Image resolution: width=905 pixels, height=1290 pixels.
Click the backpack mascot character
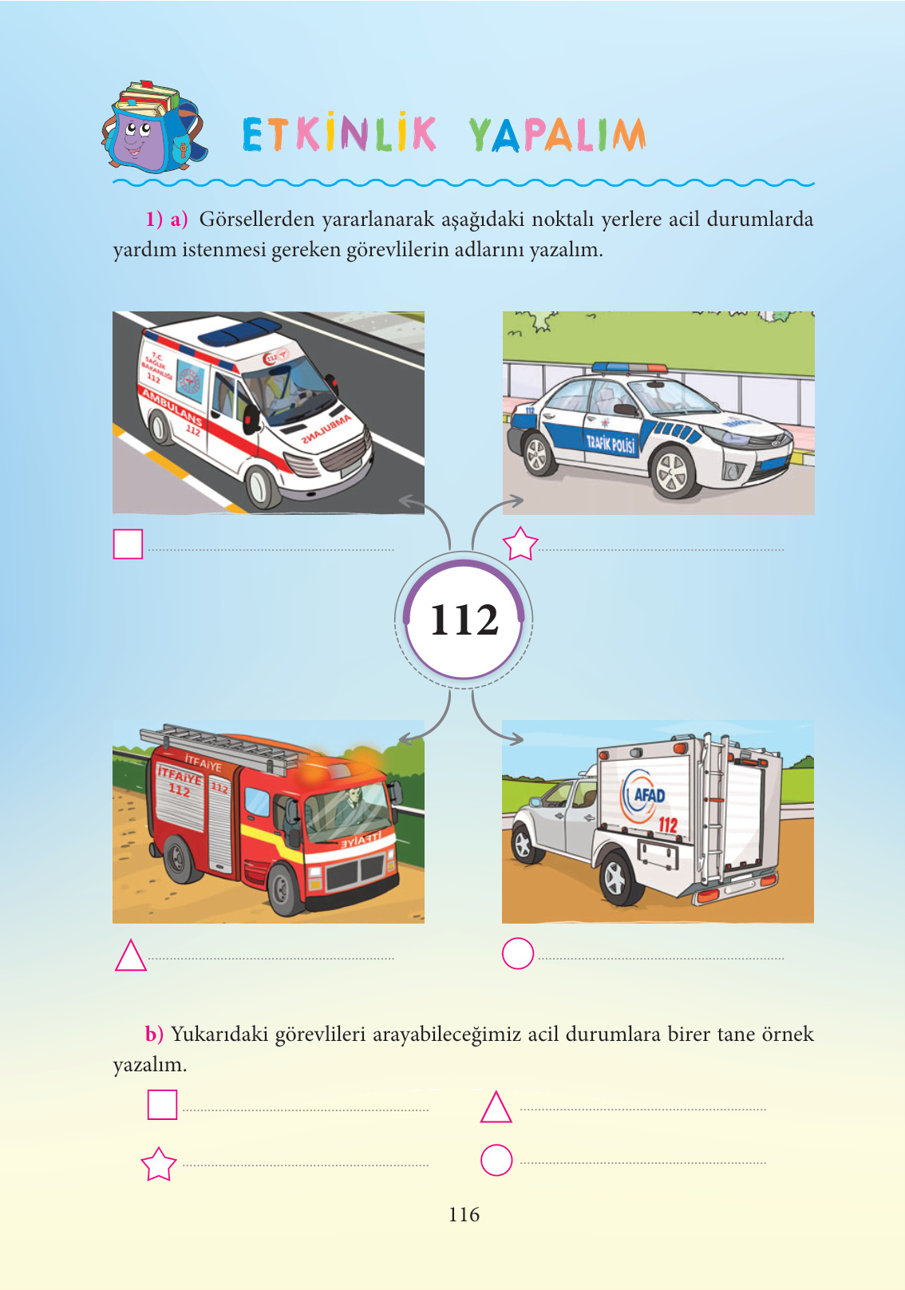click(x=154, y=127)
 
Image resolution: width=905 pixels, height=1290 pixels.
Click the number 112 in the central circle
click(x=464, y=620)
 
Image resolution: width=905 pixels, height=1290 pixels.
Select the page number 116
click(x=464, y=1214)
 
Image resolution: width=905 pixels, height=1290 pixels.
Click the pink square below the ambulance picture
click(x=128, y=544)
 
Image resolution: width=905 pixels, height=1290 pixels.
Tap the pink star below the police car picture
click(x=520, y=544)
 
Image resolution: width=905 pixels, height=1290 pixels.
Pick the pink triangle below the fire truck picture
click(x=131, y=956)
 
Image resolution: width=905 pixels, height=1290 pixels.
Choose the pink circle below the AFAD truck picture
click(x=518, y=954)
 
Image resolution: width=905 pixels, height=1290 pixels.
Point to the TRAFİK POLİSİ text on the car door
click(x=611, y=444)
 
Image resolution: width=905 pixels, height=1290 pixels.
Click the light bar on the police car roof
click(x=629, y=367)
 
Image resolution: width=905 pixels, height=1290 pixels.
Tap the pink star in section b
click(x=158, y=1164)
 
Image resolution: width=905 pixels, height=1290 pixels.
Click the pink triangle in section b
click(x=496, y=1106)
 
